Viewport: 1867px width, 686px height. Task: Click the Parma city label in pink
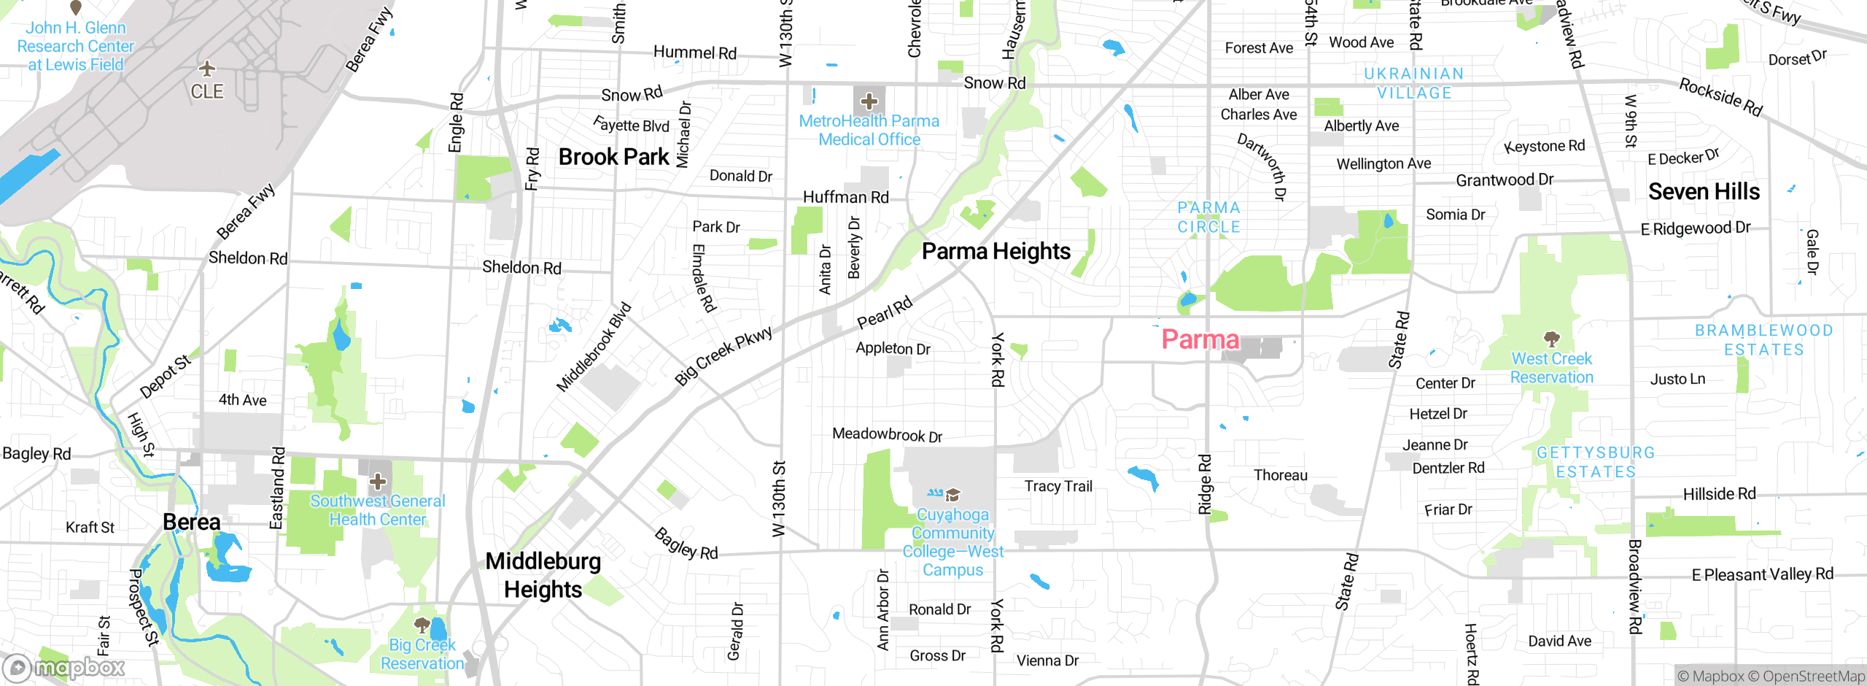tap(1200, 339)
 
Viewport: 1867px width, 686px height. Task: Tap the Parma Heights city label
tap(995, 252)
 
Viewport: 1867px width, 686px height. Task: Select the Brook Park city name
tap(613, 157)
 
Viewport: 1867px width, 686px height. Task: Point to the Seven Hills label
tap(1704, 192)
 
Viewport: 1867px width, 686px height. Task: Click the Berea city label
tap(191, 523)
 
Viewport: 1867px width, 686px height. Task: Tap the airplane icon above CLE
tap(207, 69)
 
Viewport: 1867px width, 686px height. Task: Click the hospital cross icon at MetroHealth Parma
tap(869, 101)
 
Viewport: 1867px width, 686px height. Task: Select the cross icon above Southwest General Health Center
tap(377, 481)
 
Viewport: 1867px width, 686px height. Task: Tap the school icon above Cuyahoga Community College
tap(952, 496)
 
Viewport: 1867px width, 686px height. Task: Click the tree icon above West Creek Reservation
tap(1551, 339)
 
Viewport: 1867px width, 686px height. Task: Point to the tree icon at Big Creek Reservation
tap(422, 625)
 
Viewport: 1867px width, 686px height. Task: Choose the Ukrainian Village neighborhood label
tap(1414, 83)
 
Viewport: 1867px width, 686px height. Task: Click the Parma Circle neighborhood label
tap(1208, 217)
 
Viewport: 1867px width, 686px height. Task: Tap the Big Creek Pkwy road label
tap(723, 355)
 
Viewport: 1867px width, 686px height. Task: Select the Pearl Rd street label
tap(884, 312)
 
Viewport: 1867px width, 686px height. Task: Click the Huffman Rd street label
tap(845, 197)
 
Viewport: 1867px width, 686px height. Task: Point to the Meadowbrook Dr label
tap(887, 435)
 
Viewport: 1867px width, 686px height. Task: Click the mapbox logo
tap(64, 667)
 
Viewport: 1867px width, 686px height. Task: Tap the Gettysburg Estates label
tap(1596, 462)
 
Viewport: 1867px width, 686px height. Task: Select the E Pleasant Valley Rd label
tap(1762, 574)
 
